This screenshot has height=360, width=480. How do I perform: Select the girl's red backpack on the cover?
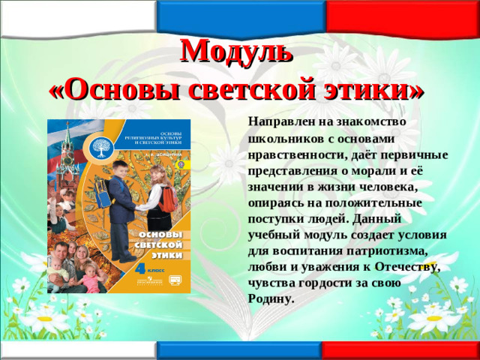(x=169, y=198)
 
